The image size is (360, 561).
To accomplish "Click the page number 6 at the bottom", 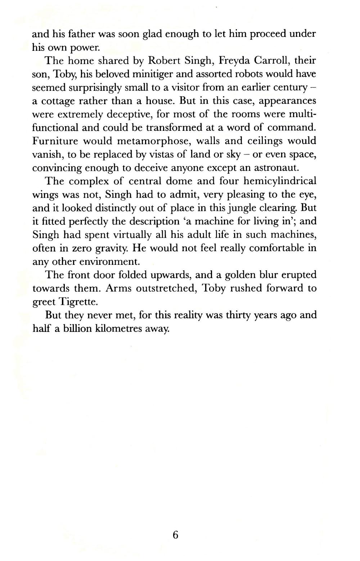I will pos(175,535).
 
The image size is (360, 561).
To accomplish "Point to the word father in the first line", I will pos(76,34).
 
